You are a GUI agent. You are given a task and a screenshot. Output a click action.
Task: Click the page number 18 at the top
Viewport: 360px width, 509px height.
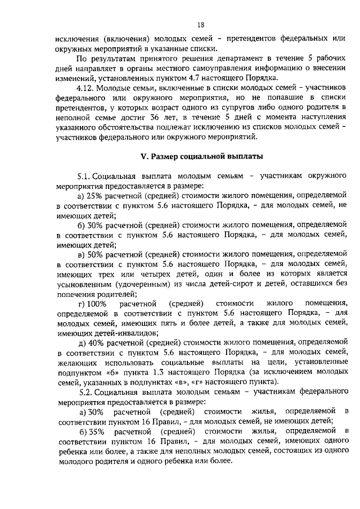tap(201, 25)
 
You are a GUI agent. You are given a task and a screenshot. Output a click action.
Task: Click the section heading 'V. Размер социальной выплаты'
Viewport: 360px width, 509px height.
tap(201, 155)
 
